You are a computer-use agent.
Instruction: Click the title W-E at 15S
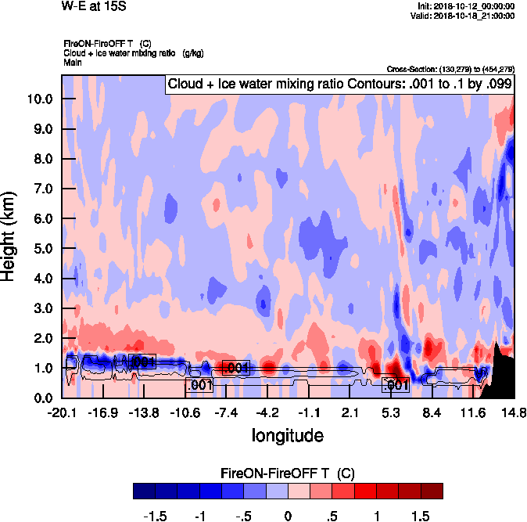click(x=93, y=6)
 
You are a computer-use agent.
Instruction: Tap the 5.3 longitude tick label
click(x=391, y=413)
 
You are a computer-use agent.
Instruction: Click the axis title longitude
click(x=287, y=434)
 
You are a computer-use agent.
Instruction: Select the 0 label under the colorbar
click(x=287, y=516)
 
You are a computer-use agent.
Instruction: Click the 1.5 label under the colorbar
click(x=420, y=516)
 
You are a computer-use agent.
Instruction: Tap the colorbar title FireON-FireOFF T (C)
click(x=288, y=473)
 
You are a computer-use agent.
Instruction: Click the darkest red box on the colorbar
click(x=431, y=491)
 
